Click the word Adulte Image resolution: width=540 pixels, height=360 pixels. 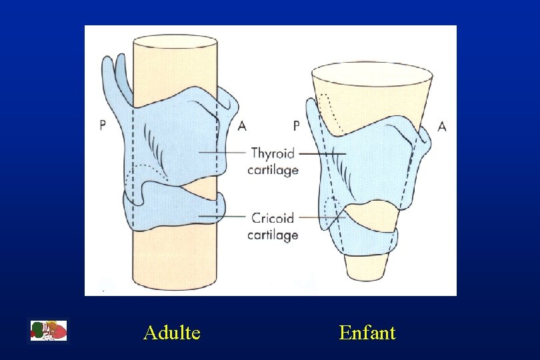coord(171,332)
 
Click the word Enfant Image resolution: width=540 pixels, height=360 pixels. coord(367,332)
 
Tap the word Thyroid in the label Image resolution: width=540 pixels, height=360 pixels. coord(273,153)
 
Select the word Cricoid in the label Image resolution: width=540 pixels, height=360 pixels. coord(273,218)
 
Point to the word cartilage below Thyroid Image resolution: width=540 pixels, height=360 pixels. coord(273,170)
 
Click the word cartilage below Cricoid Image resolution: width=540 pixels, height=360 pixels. coord(273,235)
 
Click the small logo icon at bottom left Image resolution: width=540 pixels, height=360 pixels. coord(49,331)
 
